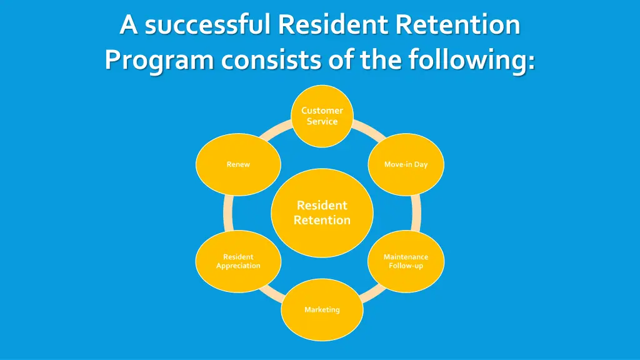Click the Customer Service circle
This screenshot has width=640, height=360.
click(x=322, y=116)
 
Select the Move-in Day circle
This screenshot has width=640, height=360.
click(x=406, y=164)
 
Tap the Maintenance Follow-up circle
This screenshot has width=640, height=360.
click(x=406, y=261)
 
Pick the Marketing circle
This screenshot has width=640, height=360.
click(x=322, y=309)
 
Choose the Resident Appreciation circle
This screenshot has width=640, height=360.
click(x=238, y=261)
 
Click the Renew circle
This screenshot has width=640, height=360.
click(x=238, y=164)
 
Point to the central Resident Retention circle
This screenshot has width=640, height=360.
click(x=322, y=212)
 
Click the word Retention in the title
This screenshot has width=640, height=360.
click(x=458, y=25)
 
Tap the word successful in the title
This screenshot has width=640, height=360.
click(x=207, y=25)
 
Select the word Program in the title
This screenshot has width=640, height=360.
click(x=159, y=61)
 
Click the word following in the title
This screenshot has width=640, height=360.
click(x=471, y=61)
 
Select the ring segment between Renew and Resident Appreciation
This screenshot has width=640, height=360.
click(x=228, y=212)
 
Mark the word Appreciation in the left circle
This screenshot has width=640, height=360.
click(x=238, y=266)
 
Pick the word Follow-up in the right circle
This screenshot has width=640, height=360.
click(x=406, y=266)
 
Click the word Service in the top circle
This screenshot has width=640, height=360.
click(x=322, y=122)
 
